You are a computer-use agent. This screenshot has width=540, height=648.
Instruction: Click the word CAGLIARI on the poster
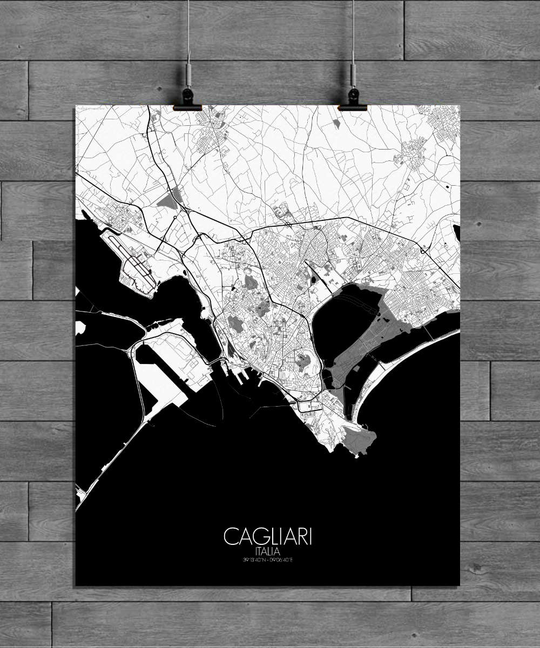point(268,537)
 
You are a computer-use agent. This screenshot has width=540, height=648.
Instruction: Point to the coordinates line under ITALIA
point(268,560)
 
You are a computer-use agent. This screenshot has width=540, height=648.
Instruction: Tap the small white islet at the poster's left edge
point(80,327)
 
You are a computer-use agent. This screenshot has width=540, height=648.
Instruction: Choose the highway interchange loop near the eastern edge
point(423,250)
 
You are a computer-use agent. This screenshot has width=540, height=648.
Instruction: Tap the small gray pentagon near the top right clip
point(336,123)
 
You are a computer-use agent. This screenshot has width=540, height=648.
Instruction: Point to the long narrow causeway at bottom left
point(108,459)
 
